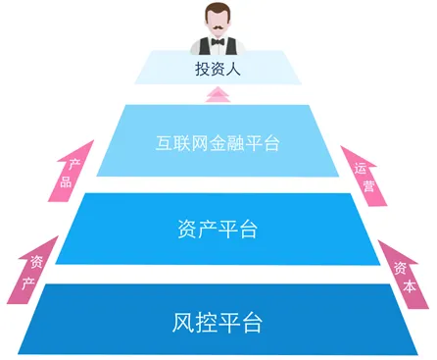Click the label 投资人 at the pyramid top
218,70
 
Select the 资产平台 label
218,231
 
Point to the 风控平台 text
218,320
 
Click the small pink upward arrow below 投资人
218,94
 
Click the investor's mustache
218,28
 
